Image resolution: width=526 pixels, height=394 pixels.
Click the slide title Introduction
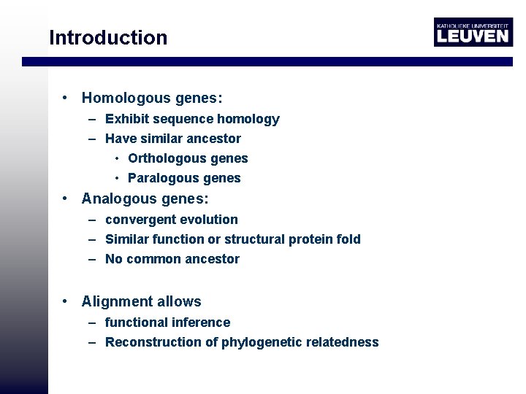pyautogui.click(x=108, y=38)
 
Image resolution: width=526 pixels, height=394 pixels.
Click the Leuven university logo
pyautogui.click(x=473, y=32)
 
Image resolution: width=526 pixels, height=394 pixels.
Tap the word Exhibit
pyautogui.click(x=127, y=119)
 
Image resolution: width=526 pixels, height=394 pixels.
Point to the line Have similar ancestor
pyautogui.click(x=172, y=139)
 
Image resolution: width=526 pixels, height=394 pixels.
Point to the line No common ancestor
pyautogui.click(x=172, y=259)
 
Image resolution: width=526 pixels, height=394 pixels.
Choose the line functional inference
pyautogui.click(x=167, y=322)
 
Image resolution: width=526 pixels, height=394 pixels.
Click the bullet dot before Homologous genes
pyautogui.click(x=66, y=98)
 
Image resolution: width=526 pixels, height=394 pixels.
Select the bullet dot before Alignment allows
pyautogui.click(x=66, y=301)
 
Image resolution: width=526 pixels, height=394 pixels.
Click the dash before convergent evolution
pyautogui.click(x=94, y=220)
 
